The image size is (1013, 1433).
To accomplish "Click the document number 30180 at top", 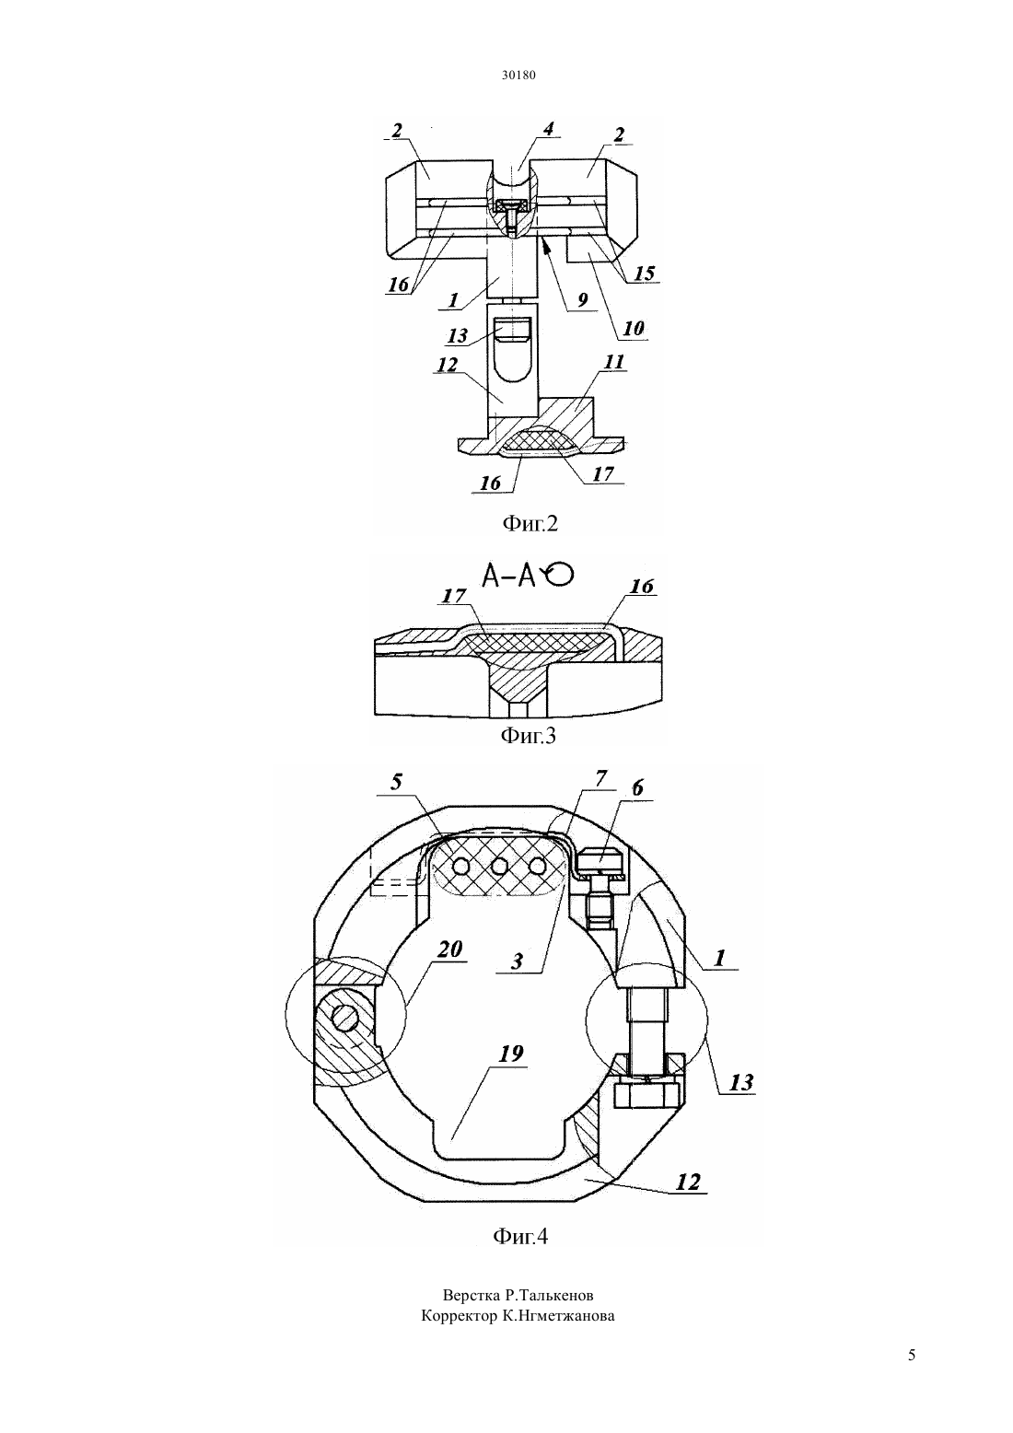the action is [x=518, y=75].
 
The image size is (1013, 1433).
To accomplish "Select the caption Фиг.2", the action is [x=530, y=524].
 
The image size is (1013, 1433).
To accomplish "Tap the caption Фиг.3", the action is [x=529, y=736].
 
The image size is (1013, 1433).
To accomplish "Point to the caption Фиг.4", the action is [x=520, y=1236].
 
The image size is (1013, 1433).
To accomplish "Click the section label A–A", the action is [x=508, y=577].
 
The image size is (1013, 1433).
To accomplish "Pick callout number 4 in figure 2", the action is [x=548, y=129].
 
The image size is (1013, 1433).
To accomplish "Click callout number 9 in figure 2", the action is [x=582, y=301].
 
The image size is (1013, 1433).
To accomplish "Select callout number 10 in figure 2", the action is [x=634, y=329].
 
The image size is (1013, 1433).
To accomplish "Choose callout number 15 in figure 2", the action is [x=645, y=274].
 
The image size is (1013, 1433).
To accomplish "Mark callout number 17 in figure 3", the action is [x=453, y=596].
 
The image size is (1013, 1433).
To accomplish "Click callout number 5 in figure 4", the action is [x=397, y=783].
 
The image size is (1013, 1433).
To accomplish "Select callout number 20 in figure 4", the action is [x=449, y=967].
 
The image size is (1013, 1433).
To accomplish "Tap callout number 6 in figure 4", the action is [x=637, y=788].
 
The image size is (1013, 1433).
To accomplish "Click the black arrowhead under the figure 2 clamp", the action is [x=545, y=245].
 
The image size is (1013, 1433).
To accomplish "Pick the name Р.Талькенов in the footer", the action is [x=549, y=1296].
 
